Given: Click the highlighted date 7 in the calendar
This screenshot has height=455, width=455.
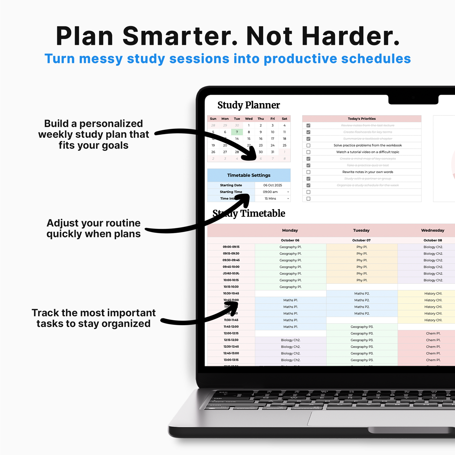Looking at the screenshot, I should click(x=237, y=132).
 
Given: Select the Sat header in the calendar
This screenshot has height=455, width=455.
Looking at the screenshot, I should click(x=284, y=119).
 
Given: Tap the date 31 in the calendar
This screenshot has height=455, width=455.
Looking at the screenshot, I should click(x=273, y=152).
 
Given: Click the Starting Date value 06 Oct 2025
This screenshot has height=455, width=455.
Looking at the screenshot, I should click(x=273, y=185).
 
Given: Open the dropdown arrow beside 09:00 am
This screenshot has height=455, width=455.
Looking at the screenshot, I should click(x=288, y=192).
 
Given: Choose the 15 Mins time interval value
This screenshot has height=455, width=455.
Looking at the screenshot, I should click(x=270, y=199).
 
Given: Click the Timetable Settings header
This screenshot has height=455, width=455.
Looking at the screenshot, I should click(x=249, y=175).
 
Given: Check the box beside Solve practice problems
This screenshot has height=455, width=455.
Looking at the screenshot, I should click(x=308, y=145).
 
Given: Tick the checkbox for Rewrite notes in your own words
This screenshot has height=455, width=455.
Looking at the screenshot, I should click(x=308, y=172).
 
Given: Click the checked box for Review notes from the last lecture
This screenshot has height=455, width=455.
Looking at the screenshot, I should click(x=308, y=125).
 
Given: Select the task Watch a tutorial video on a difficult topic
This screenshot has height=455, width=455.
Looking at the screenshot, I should click(x=368, y=152).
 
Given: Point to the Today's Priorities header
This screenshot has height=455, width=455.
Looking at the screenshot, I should click(x=362, y=119).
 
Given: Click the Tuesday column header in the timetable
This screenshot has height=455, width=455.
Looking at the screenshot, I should click(x=361, y=230).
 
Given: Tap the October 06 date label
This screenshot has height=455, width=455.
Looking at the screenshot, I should click(x=290, y=240).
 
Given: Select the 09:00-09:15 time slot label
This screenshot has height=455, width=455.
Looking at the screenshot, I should click(x=231, y=247).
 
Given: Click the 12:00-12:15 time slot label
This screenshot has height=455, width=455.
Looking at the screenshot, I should click(x=231, y=333).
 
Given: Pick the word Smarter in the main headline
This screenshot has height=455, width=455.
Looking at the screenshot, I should click(x=180, y=36).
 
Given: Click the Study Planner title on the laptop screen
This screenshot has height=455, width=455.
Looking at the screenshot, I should click(x=249, y=105).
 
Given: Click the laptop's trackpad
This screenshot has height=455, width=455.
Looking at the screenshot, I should click(x=383, y=418).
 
